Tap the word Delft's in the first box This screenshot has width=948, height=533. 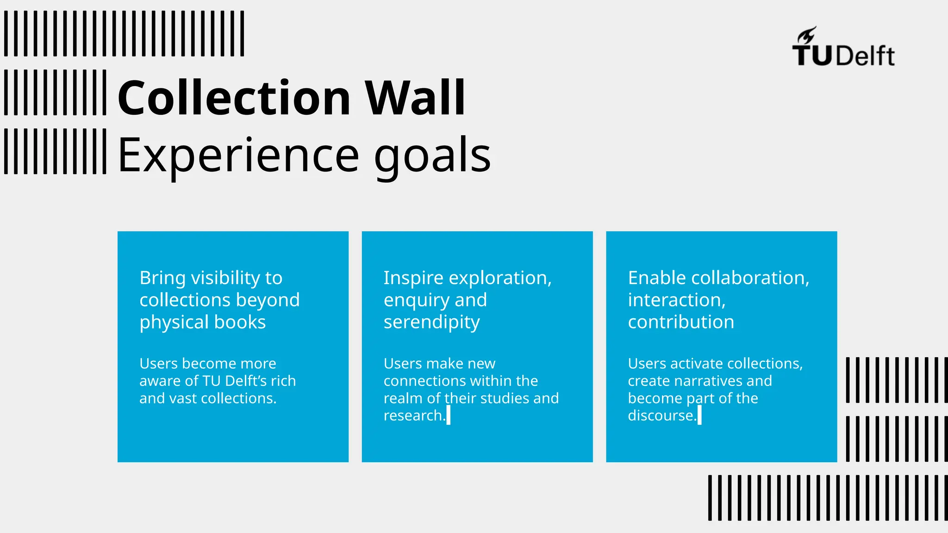[245, 381]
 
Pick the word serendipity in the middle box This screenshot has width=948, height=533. [431, 322]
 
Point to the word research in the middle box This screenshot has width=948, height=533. [412, 415]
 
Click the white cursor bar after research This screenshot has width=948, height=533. [448, 415]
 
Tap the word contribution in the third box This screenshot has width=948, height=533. [681, 322]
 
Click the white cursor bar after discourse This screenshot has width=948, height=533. [699, 415]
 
